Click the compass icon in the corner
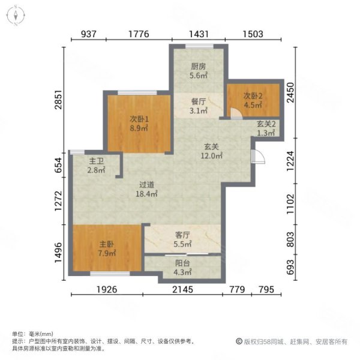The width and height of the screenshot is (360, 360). (14, 16)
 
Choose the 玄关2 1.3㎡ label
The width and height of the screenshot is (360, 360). (266, 128)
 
